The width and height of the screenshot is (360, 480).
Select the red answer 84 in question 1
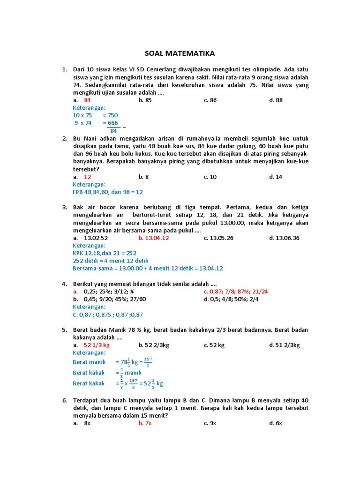(x=87, y=100)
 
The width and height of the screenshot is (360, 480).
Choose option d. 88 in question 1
(x=276, y=100)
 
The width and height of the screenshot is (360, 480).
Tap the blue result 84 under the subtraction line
(x=113, y=131)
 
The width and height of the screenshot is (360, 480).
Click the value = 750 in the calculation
(x=110, y=115)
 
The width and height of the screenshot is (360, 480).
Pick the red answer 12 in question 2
(x=87, y=177)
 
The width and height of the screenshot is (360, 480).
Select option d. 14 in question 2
(x=276, y=177)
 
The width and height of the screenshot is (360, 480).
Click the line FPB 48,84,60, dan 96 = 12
(x=108, y=192)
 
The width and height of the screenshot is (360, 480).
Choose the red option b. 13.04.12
(x=154, y=238)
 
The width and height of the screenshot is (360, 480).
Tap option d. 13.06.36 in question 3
(x=284, y=238)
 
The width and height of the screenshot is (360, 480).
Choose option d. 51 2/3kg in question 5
(x=284, y=345)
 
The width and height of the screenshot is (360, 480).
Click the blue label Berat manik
(x=89, y=362)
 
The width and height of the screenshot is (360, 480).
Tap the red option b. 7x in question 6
(x=145, y=423)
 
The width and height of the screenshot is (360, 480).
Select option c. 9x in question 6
(x=210, y=423)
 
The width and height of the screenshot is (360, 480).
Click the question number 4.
(x=64, y=284)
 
